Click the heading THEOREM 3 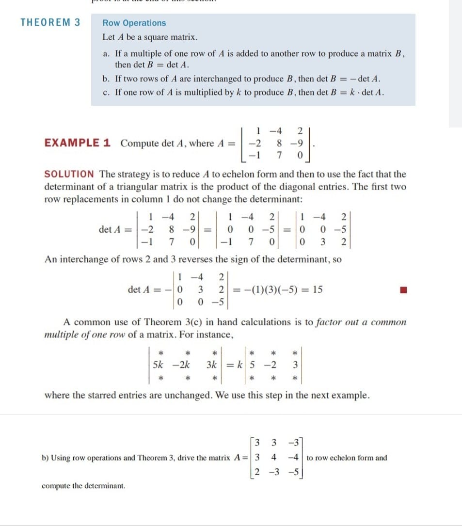click(50, 22)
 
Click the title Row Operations click(134, 23)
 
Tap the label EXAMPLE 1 click(78, 143)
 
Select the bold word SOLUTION click(69, 174)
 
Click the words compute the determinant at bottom click(83, 485)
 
